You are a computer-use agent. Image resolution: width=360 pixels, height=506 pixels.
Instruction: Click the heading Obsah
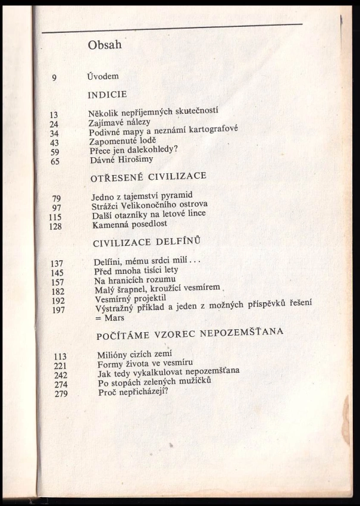105,45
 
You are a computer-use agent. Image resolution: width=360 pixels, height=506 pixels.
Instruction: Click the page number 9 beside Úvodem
55,77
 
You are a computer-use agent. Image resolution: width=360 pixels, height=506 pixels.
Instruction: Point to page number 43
55,142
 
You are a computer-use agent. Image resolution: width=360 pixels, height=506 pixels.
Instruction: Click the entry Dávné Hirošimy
122,159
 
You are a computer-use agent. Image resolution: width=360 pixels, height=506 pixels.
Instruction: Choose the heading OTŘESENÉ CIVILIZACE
148,177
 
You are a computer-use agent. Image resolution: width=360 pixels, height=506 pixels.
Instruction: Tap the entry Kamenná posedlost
130,225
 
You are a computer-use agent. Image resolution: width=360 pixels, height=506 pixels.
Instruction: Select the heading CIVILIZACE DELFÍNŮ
153,243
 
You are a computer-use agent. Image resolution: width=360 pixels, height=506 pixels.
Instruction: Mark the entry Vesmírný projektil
131,299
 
